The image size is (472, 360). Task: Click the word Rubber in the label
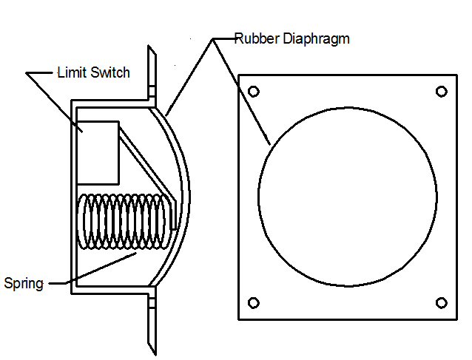(x=257, y=38)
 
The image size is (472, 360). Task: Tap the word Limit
(x=73, y=72)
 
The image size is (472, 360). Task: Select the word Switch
(x=110, y=72)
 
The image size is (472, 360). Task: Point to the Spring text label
(x=24, y=284)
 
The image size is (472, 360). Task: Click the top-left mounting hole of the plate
(x=254, y=92)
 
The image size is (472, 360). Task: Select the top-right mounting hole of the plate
(x=441, y=92)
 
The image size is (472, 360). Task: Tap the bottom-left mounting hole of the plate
(x=254, y=303)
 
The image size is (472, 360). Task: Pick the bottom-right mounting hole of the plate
(x=441, y=303)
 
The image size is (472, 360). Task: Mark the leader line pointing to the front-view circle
(x=241, y=92)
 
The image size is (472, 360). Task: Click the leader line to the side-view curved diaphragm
(x=189, y=77)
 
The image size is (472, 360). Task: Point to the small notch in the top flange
(x=152, y=91)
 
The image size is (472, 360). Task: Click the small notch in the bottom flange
(x=152, y=302)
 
